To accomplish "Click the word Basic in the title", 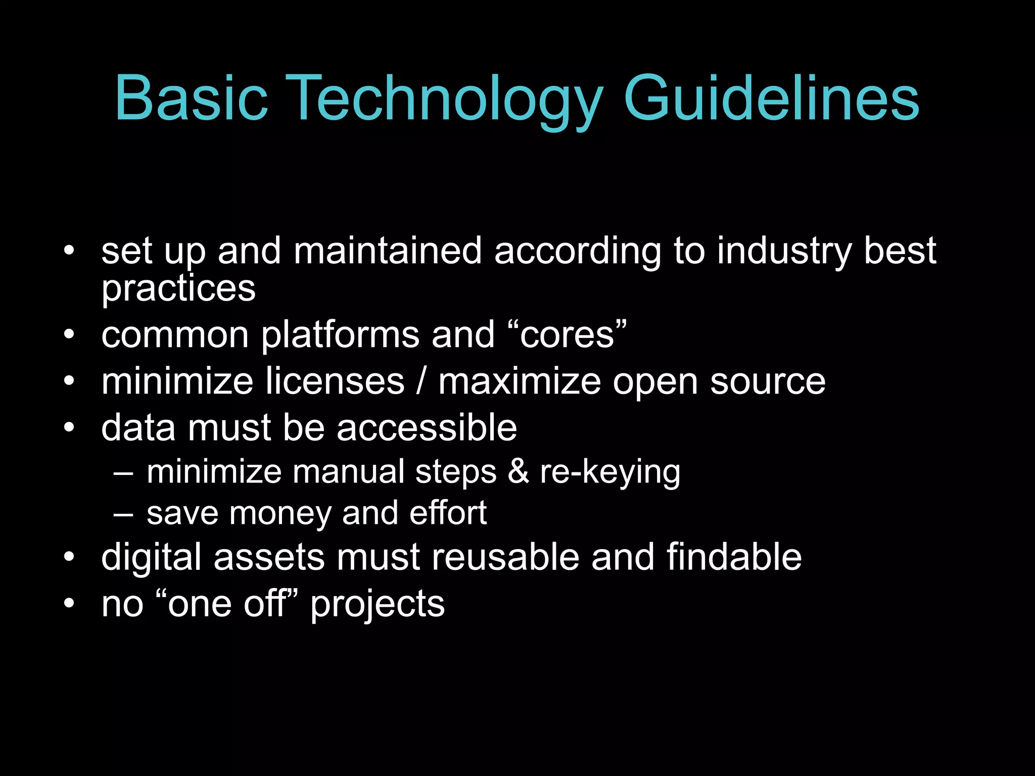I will (191, 98).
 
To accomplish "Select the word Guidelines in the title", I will (771, 98).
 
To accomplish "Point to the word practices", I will (178, 289).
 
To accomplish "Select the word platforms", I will (340, 335).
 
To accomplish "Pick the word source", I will (768, 382).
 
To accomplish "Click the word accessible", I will (427, 428).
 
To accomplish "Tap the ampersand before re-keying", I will (518, 472).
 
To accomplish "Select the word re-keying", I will (610, 473).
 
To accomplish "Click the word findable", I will (734, 557).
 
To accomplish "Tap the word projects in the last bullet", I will (377, 604).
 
